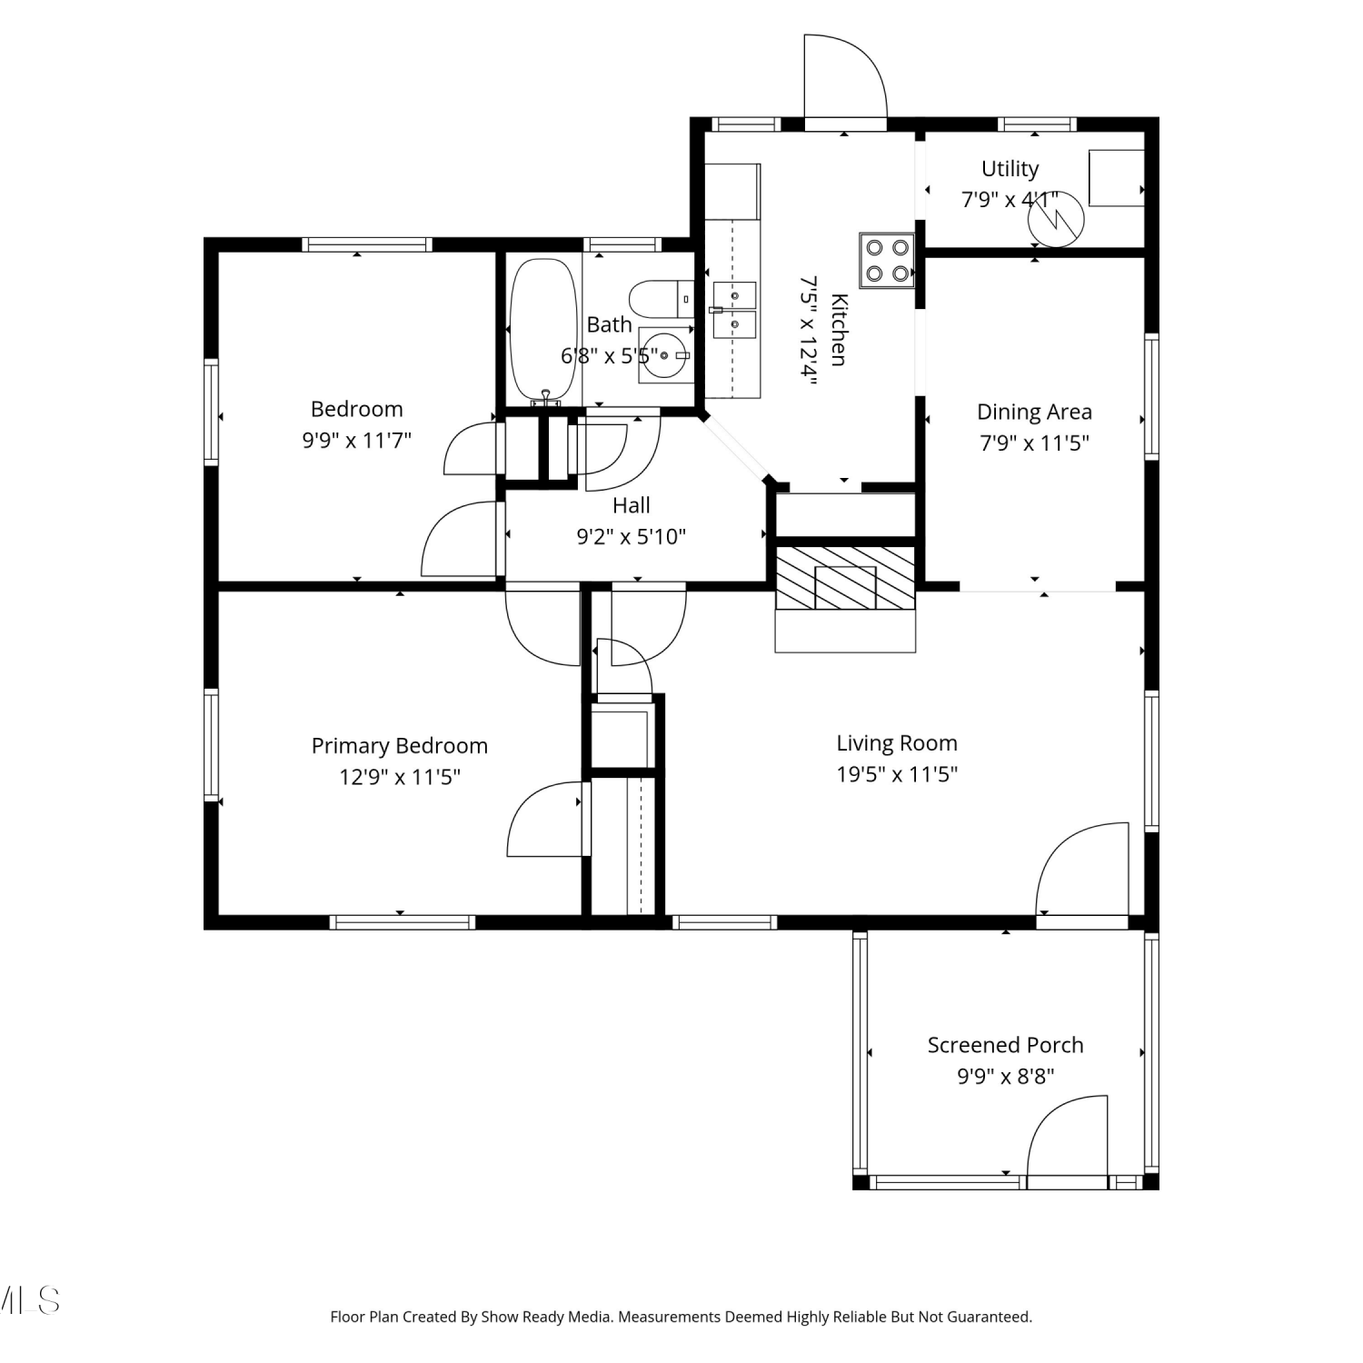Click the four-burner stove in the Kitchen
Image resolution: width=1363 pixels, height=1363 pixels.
coord(887,260)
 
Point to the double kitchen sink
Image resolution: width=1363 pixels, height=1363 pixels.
coord(734,310)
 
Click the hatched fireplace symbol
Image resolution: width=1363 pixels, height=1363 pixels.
coord(845,578)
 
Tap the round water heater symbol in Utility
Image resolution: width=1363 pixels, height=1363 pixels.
coord(1056,219)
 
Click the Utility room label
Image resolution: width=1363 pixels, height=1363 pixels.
coord(1010,169)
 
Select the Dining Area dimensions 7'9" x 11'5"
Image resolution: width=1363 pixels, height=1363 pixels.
coord(1034,443)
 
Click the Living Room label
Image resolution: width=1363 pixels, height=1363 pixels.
coord(897,743)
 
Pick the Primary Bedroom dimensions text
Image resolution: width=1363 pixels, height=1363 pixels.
coord(400,777)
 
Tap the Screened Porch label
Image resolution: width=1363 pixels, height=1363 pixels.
coord(1005,1045)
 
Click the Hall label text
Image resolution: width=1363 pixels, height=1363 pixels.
coord(632,505)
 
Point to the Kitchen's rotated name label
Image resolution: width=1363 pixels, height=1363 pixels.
coord(838,330)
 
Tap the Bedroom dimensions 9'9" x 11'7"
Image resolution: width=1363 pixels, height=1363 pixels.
coord(357,441)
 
